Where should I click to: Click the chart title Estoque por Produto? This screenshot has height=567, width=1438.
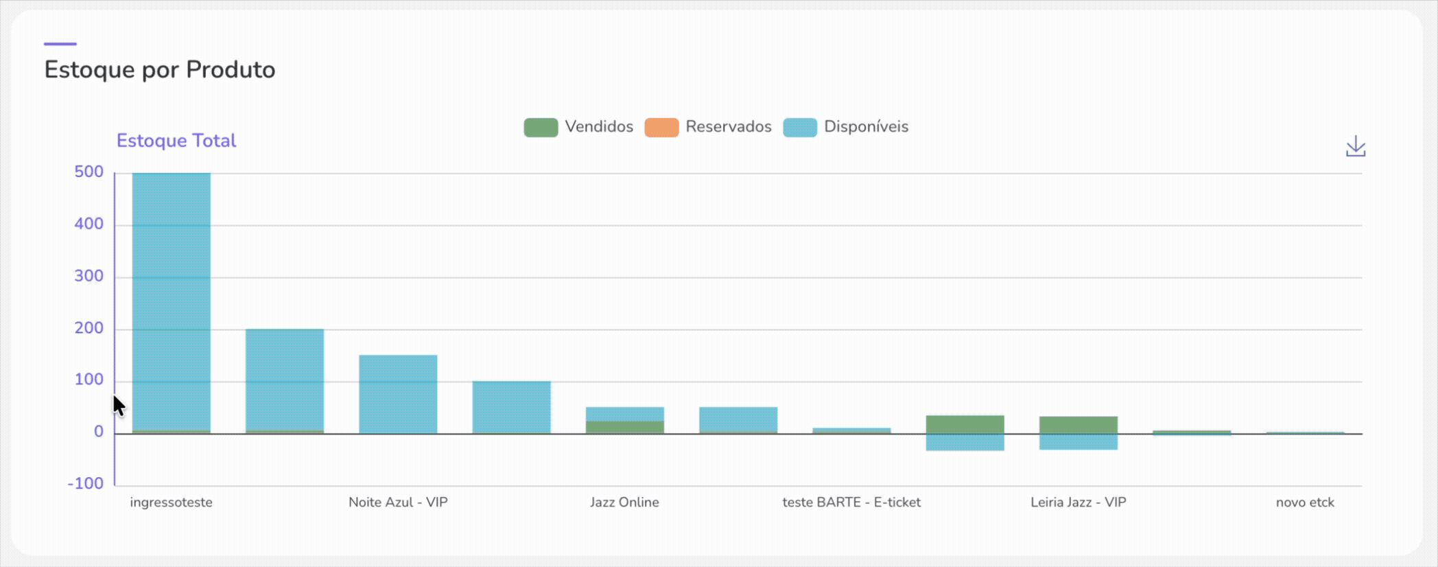pos(159,70)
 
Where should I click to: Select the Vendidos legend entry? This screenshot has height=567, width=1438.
pos(578,127)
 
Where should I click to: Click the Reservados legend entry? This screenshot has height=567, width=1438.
pos(707,127)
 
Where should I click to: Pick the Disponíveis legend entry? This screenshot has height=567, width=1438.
pos(845,127)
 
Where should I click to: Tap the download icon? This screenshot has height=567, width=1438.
pos(1355,146)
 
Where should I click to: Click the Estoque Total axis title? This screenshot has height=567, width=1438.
pos(176,141)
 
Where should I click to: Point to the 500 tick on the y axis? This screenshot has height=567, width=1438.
pos(89,172)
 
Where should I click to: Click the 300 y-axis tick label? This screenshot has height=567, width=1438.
pos(89,276)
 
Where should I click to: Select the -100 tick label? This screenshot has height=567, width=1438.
pos(86,483)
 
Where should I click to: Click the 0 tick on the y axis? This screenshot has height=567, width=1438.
pos(99,432)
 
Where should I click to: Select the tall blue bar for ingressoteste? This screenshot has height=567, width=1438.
pos(171,302)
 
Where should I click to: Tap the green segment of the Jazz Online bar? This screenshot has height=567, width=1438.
pos(624,427)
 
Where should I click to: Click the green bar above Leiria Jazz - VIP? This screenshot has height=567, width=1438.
pos(1078,425)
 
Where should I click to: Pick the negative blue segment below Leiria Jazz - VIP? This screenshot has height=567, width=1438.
pos(1078,441)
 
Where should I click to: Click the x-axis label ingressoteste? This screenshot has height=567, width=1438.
pos(171,502)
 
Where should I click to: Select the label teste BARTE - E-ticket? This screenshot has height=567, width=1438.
pos(851,502)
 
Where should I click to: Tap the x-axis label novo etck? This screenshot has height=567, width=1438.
pos(1304,502)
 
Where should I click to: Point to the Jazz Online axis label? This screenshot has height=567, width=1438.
pos(624,502)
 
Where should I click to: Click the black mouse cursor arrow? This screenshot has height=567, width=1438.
pos(119,405)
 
